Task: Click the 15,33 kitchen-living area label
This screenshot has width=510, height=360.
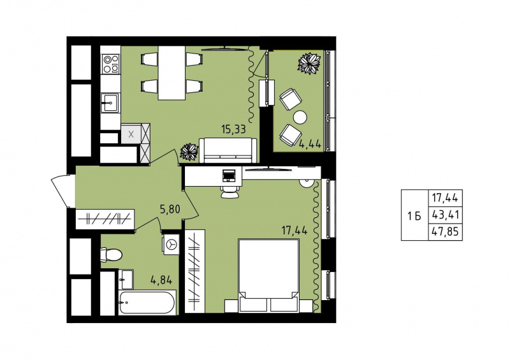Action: [x=233, y=129]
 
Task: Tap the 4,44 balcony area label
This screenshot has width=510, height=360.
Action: [x=310, y=143]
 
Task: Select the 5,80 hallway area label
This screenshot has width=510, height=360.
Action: [x=170, y=210]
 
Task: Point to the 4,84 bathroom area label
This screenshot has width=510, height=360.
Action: [x=161, y=280]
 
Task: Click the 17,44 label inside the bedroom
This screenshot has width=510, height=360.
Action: [x=295, y=231]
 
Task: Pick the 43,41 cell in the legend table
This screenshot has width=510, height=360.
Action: [x=445, y=215]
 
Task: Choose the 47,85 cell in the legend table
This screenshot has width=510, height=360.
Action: [x=445, y=232]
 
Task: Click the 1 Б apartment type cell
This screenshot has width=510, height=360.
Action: [x=415, y=215]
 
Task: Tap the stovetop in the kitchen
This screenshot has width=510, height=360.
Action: [x=110, y=64]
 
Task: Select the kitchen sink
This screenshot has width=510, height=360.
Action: [x=110, y=103]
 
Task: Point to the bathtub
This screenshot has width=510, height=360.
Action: [x=147, y=303]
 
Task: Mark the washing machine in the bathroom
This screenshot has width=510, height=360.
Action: [x=171, y=244]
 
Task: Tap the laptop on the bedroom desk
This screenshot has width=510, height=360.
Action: [x=229, y=175]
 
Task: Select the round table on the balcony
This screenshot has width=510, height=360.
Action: [x=300, y=117]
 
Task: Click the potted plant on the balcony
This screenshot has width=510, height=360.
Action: [x=309, y=64]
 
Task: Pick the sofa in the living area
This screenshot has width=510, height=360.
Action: [x=228, y=150]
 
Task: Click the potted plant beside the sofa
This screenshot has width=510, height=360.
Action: [x=189, y=152]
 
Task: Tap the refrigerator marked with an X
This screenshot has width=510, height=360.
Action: [x=131, y=134]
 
